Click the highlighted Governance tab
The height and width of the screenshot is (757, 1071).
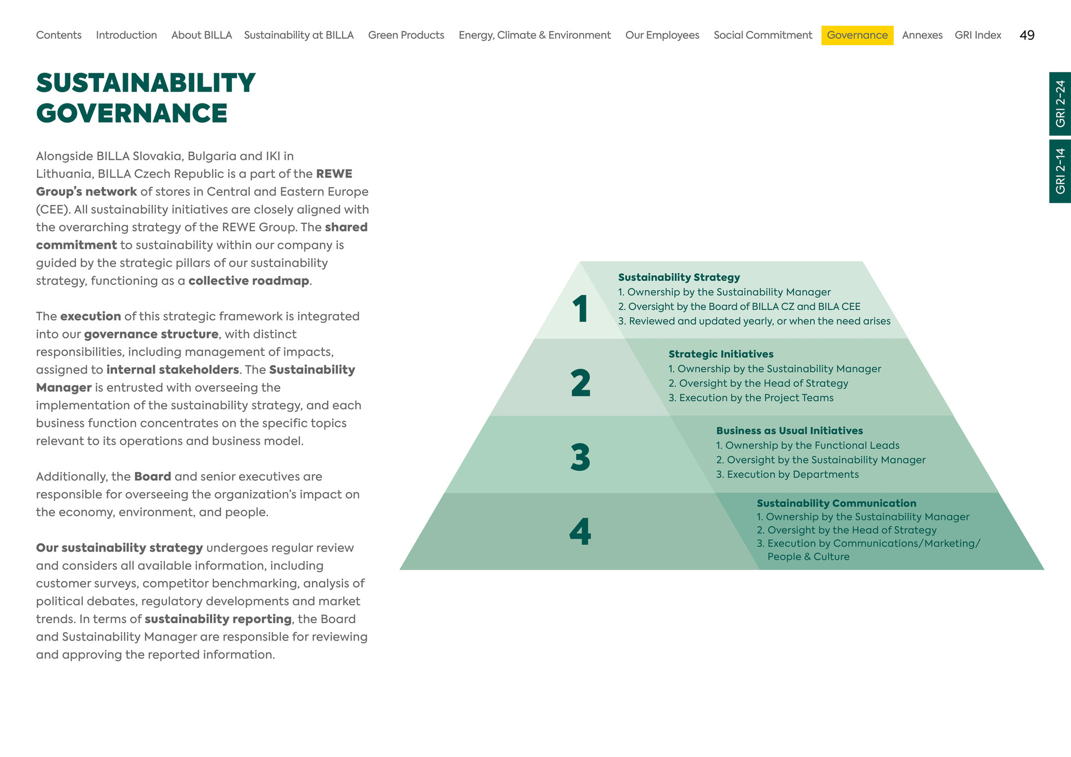coord(857,35)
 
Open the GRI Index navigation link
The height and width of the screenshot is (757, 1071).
coord(978,35)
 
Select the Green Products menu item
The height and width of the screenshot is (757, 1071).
coord(406,35)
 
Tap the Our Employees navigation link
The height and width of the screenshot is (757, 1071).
coord(662,35)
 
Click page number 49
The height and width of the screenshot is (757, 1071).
coord(1027,35)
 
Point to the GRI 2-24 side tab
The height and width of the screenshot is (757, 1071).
coord(1060,104)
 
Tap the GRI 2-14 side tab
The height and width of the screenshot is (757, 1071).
coord(1060,171)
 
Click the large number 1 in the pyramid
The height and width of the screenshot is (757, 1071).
coord(581,309)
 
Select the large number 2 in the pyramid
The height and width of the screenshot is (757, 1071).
coord(581,383)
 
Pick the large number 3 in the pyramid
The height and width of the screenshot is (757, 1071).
coord(581,457)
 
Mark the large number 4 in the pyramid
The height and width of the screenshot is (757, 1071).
coord(580,531)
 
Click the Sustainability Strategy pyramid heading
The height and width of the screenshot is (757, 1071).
coord(679,277)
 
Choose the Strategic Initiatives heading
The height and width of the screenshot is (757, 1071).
coord(721,354)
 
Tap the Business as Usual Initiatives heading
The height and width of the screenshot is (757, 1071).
coord(790,431)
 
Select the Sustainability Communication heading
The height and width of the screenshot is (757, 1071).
coord(836,503)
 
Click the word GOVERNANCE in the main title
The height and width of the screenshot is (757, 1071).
coord(132,113)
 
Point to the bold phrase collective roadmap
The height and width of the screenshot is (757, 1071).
coord(249,281)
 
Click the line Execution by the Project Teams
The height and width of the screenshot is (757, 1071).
coord(751,398)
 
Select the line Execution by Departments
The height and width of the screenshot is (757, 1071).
coord(787,475)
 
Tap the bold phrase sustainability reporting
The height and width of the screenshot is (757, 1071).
coord(218,619)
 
